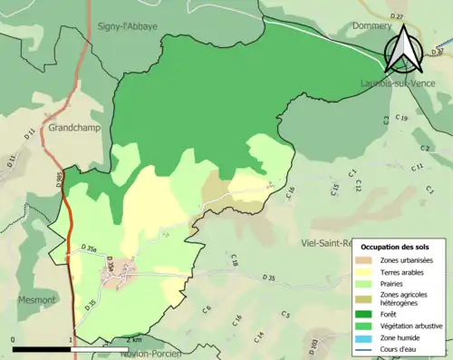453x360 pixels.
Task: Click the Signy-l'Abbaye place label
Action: pyautogui.click(x=128, y=26)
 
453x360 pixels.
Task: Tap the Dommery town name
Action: pyautogui.click(x=371, y=26)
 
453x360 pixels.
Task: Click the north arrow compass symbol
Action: pyautogui.click(x=403, y=48)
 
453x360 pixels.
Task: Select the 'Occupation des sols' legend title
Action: pyautogui.click(x=398, y=247)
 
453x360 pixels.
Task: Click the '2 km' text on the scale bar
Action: pyautogui.click(x=133, y=340)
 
